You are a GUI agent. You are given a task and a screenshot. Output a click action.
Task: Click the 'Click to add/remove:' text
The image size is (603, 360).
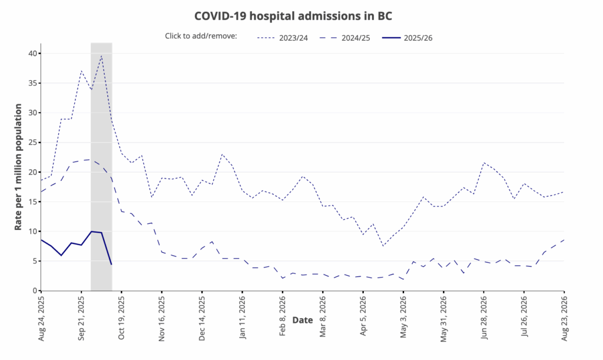[x=201, y=36]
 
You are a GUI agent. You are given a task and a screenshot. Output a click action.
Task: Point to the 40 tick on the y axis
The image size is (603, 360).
[x=32, y=54]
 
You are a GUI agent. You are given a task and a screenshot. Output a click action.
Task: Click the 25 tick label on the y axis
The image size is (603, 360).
[x=32, y=143]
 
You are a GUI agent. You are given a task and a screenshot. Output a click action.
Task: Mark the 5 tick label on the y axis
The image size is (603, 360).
[x=35, y=261]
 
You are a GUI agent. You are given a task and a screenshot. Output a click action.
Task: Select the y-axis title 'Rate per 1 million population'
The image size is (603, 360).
[x=18, y=167]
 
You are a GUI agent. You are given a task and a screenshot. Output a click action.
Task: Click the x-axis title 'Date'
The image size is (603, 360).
[x=303, y=320]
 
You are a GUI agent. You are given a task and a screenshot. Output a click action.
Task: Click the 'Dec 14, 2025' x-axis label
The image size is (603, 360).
[x=202, y=314]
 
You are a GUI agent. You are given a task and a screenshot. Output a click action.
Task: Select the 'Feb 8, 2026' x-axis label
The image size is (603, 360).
[x=283, y=312]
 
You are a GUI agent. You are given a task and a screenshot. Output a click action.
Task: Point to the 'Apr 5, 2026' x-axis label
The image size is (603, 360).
[x=363, y=312]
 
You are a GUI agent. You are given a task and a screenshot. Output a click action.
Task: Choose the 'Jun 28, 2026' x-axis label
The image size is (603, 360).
[x=484, y=314]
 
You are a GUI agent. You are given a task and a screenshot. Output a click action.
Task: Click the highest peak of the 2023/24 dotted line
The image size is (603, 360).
[x=101, y=56]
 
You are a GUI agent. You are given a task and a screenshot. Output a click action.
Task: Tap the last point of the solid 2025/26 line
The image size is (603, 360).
[x=111, y=265]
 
